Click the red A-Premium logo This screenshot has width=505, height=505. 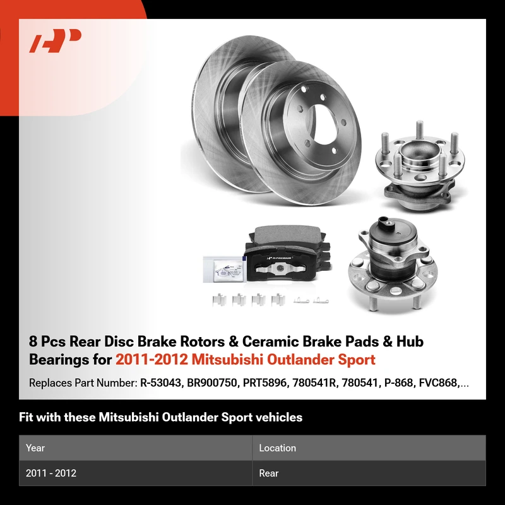pos(55,40)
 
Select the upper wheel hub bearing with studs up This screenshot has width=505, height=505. pos(419,166)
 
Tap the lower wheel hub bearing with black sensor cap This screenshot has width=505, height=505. pos(393,264)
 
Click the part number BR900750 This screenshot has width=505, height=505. pos(211,383)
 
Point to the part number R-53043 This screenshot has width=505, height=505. pos(160,383)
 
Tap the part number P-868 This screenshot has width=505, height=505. pos(398,383)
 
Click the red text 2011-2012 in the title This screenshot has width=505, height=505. pos(151,360)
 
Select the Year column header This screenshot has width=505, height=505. pos(35,448)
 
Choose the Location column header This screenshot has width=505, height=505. pos(277,448)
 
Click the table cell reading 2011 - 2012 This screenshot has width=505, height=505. pos(51,473)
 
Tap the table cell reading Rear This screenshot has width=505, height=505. pos(269,473)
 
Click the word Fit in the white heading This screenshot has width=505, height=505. pos(26,417)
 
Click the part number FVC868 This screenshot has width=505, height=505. pos(438,383)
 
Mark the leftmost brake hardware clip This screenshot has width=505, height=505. pos(219,300)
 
